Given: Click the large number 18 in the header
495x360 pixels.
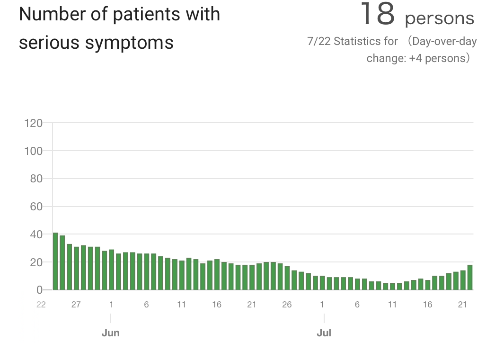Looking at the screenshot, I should [x=377, y=14].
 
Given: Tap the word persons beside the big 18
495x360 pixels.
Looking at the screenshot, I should [x=440, y=18].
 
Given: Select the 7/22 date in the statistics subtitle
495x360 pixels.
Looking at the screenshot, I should [x=318, y=41].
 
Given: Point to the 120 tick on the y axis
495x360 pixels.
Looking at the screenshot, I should [x=33, y=123].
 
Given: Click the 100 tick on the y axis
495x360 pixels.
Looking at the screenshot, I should [x=33, y=151].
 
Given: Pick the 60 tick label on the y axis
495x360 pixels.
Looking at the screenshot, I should [x=36, y=207].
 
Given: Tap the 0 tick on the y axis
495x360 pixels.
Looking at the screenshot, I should [x=39, y=290].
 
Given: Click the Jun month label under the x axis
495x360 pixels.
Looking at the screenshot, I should [x=111, y=333].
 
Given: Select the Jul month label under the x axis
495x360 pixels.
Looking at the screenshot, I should [x=324, y=333].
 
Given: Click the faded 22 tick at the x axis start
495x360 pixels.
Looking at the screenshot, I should [x=41, y=305].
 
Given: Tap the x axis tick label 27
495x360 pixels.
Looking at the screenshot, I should [x=76, y=305].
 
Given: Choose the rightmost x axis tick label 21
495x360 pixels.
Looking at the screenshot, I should [x=462, y=305].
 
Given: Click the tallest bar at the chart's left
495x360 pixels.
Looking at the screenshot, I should [x=55, y=261].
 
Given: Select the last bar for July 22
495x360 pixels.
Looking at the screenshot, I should [x=470, y=278].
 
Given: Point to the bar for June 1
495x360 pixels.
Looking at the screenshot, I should [x=111, y=270].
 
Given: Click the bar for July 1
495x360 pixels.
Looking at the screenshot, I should [x=322, y=283].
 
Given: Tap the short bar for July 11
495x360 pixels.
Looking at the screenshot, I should [x=392, y=287].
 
